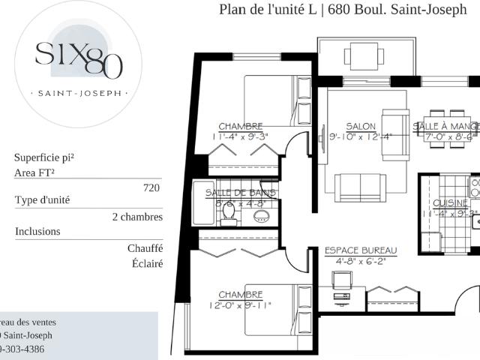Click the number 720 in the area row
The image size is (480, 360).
point(151,188)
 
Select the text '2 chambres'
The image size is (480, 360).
point(137,217)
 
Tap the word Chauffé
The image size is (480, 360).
point(145,248)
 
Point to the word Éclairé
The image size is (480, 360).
point(145,264)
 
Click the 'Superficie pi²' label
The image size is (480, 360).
point(44,157)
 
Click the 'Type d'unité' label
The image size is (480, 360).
point(43,201)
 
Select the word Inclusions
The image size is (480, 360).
point(38,231)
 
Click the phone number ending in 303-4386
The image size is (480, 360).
point(22,349)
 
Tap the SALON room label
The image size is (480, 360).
point(360,126)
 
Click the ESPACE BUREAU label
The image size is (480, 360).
point(361,250)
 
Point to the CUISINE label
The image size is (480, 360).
point(450,203)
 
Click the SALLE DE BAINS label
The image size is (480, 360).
point(240,193)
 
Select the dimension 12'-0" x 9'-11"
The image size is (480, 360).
point(240,305)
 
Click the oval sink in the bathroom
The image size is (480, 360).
point(261,217)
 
